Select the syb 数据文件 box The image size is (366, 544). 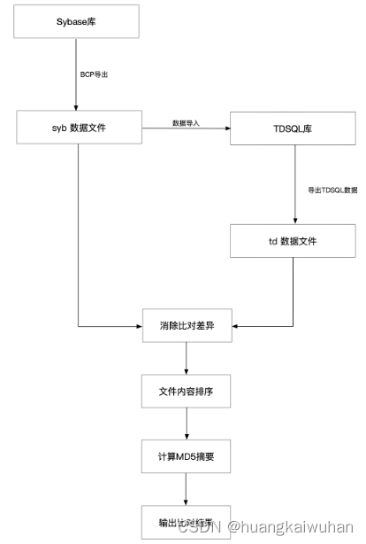pyautogui.click(x=78, y=128)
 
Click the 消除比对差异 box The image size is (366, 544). pyautogui.click(x=186, y=326)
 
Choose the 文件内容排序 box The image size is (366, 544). pyautogui.click(x=186, y=391)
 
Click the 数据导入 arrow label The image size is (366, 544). pyautogui.click(x=186, y=122)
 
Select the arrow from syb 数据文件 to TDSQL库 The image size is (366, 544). pyautogui.click(x=185, y=129)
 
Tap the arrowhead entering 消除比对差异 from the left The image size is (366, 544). pyautogui.click(x=139, y=326)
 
